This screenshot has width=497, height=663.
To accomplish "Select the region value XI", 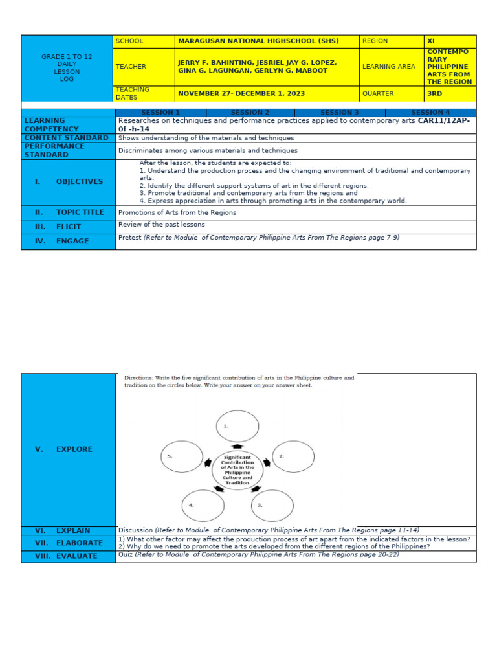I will (x=431, y=41).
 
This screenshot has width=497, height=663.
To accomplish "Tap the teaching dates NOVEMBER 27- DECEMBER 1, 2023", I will (x=241, y=93).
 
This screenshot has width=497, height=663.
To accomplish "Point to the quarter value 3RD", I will (x=435, y=93).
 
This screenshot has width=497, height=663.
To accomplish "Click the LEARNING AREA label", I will (x=389, y=67).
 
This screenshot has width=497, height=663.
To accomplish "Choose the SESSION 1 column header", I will (x=160, y=113).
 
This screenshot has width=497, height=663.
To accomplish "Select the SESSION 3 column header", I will (x=340, y=113).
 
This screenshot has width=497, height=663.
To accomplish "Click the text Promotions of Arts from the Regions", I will (x=177, y=212).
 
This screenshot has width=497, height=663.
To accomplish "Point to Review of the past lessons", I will (x=161, y=225).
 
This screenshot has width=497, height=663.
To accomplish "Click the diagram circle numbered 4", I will (x=203, y=506).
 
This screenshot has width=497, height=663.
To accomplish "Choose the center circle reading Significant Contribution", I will (x=237, y=469).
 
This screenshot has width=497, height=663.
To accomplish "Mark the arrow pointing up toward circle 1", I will (x=237, y=446).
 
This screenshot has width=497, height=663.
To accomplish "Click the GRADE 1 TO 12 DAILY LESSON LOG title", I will (x=67, y=67).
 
